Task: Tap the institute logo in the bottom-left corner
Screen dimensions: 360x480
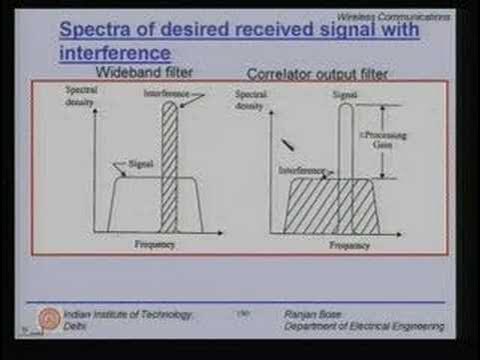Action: [x=45, y=319]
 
